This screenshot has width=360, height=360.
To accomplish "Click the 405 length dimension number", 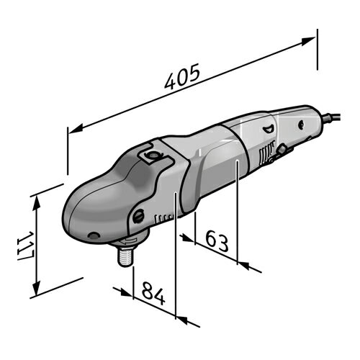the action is point(182,76).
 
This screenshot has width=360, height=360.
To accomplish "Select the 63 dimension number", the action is point(217,240).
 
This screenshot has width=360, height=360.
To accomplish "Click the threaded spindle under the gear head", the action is point(125,256).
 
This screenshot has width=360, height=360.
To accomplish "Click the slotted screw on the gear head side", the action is point(139,216).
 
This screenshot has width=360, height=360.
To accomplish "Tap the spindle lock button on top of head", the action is point(151,155).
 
